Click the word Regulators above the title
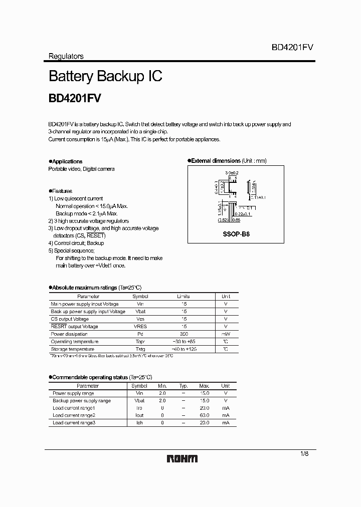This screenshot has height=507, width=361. point(66,57)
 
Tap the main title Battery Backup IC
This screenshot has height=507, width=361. point(105,77)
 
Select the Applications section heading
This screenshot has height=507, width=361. point(67,161)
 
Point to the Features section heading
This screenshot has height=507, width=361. point(62,191)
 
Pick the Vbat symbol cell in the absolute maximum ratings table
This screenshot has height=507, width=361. point(140,312)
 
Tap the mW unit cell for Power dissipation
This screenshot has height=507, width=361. point(226,334)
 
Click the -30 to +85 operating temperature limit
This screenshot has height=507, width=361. point(184,342)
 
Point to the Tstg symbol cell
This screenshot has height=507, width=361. point(140,349)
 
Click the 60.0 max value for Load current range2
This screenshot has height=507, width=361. point(204,415)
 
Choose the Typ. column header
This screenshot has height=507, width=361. point(183,386)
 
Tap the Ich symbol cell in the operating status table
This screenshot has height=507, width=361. point(139,423)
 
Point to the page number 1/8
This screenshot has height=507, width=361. point(304,453)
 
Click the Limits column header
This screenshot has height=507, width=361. point(184,297)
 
